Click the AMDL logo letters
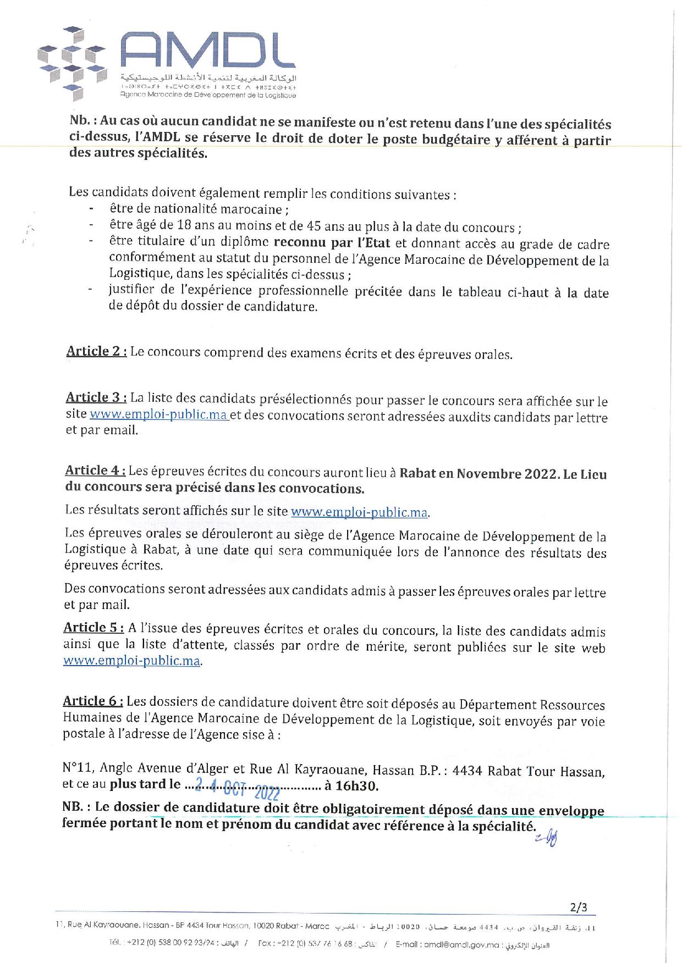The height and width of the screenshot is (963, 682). [208, 51]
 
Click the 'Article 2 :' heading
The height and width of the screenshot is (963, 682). [97, 352]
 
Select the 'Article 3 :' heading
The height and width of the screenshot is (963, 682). [96, 397]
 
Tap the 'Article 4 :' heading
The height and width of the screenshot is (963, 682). [95, 471]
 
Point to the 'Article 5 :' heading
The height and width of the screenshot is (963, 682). [94, 628]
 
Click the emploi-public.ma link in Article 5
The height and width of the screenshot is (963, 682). [131, 661]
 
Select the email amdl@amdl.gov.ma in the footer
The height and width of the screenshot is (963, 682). [468, 945]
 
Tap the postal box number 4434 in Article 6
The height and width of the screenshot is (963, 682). [467, 771]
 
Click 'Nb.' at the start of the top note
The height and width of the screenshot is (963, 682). [80, 123]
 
